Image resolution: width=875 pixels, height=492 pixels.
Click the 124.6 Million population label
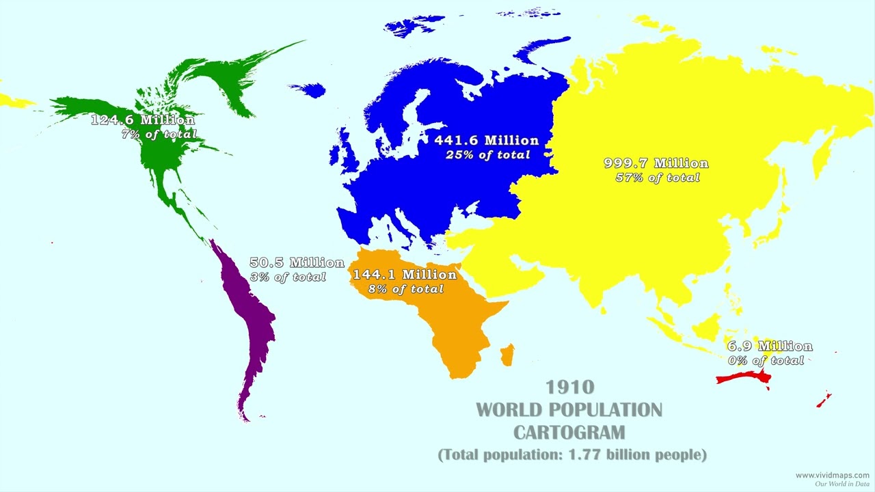[142, 120]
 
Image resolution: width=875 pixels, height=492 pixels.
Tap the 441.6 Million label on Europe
[487, 140]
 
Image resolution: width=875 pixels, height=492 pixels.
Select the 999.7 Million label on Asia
[656, 163]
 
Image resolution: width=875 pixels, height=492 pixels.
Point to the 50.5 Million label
[297, 262]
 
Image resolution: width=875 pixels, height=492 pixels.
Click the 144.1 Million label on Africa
[404, 275]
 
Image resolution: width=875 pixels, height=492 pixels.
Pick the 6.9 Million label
[770, 346]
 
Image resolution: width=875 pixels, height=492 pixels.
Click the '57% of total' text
[657, 178]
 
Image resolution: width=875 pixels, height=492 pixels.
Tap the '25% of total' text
[487, 155]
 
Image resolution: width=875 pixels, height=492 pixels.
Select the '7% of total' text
[159, 135]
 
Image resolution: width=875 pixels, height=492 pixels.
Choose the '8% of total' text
[406, 289]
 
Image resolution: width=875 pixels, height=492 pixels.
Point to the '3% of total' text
[288, 277]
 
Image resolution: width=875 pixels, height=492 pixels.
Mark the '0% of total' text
[766, 361]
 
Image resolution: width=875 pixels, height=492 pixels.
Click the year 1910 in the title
[569, 387]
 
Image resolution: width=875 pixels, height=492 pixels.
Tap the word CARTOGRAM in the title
[569, 433]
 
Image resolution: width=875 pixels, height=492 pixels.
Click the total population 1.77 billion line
[571, 454]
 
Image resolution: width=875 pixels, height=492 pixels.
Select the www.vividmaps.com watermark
[832, 475]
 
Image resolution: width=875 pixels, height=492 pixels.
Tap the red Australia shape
[742, 378]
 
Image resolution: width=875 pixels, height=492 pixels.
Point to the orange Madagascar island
[507, 354]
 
